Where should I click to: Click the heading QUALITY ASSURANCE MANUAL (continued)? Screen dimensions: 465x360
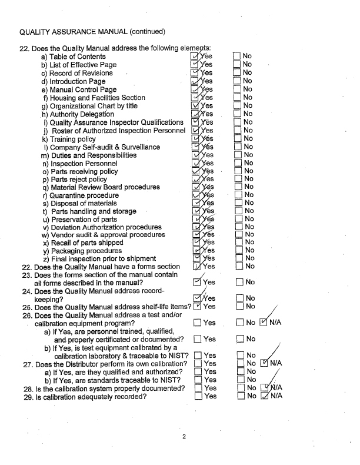[92, 31]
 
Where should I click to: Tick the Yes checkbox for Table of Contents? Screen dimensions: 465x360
[196, 57]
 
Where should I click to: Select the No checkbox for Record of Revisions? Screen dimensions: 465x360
[237, 73]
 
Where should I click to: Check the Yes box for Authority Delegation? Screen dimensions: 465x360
[196, 114]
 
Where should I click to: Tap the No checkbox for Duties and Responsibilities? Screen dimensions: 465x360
[237, 155]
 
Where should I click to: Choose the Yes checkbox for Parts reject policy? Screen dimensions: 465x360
[196, 180]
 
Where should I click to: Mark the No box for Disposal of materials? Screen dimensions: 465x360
[237, 204]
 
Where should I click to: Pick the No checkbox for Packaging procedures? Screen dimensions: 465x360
[237, 251]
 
